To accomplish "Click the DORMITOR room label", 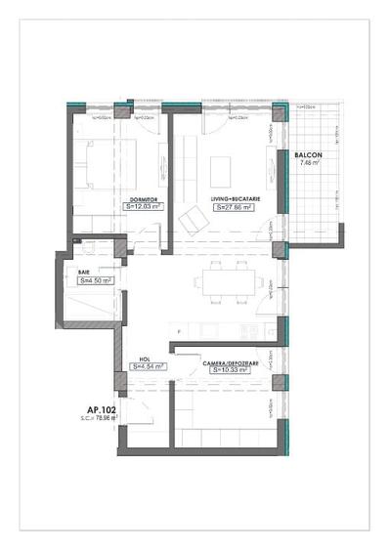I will pos(143,199).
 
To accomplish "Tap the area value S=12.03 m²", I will pos(143,207).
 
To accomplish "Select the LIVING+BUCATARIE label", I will pos(233,199).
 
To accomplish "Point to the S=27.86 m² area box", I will pos(233,207).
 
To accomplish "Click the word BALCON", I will pos(308,155).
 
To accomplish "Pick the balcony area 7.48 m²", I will pos(310,163).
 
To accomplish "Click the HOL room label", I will pos(144,360).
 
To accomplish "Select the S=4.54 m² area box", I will pos(148,367).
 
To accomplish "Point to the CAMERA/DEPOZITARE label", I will pos(232,362).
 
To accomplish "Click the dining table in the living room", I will pos(226,282).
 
